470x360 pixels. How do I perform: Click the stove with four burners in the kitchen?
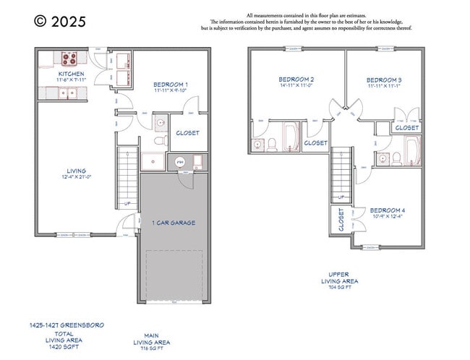pyautogui.click(x=70, y=59)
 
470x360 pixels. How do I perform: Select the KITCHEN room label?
pyautogui.click(x=71, y=74)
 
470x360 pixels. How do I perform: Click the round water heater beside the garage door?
pyautogui.click(x=181, y=162)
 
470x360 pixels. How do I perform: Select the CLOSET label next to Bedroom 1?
pyautogui.click(x=187, y=133)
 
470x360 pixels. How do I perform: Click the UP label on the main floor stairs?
pyautogui.click(x=128, y=203)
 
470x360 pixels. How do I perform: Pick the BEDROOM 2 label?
pyautogui.click(x=296, y=79)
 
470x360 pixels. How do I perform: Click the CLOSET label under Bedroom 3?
pyautogui.click(x=406, y=128)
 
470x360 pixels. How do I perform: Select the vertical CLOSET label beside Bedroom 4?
pyautogui.click(x=341, y=220)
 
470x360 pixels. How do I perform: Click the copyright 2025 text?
pyautogui.click(x=59, y=22)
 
